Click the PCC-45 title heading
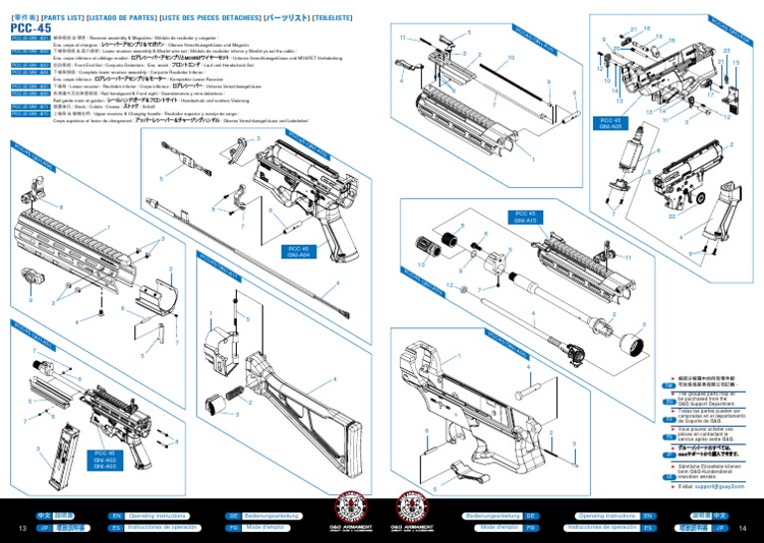(32, 28)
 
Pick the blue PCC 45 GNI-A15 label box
(526, 218)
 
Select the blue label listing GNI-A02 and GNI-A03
(105, 458)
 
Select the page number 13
(21, 528)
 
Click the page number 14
(741, 528)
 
